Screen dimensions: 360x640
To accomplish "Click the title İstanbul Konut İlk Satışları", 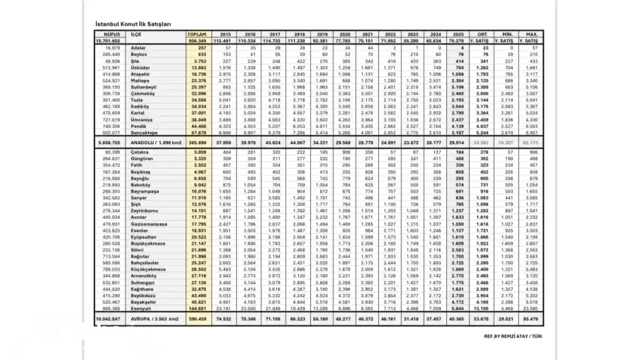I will click(133, 24).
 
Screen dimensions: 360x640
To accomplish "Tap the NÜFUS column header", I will click(108, 34).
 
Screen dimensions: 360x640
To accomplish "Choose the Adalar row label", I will click(138, 47).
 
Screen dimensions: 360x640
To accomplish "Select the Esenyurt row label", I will click(141, 309).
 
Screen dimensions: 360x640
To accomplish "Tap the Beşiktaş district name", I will click(140, 172).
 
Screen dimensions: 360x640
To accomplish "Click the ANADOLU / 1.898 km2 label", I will click(156, 142).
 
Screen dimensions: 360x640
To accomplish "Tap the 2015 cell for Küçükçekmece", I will click(224, 269).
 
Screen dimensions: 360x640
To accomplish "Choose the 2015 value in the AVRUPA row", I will click(224, 318).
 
